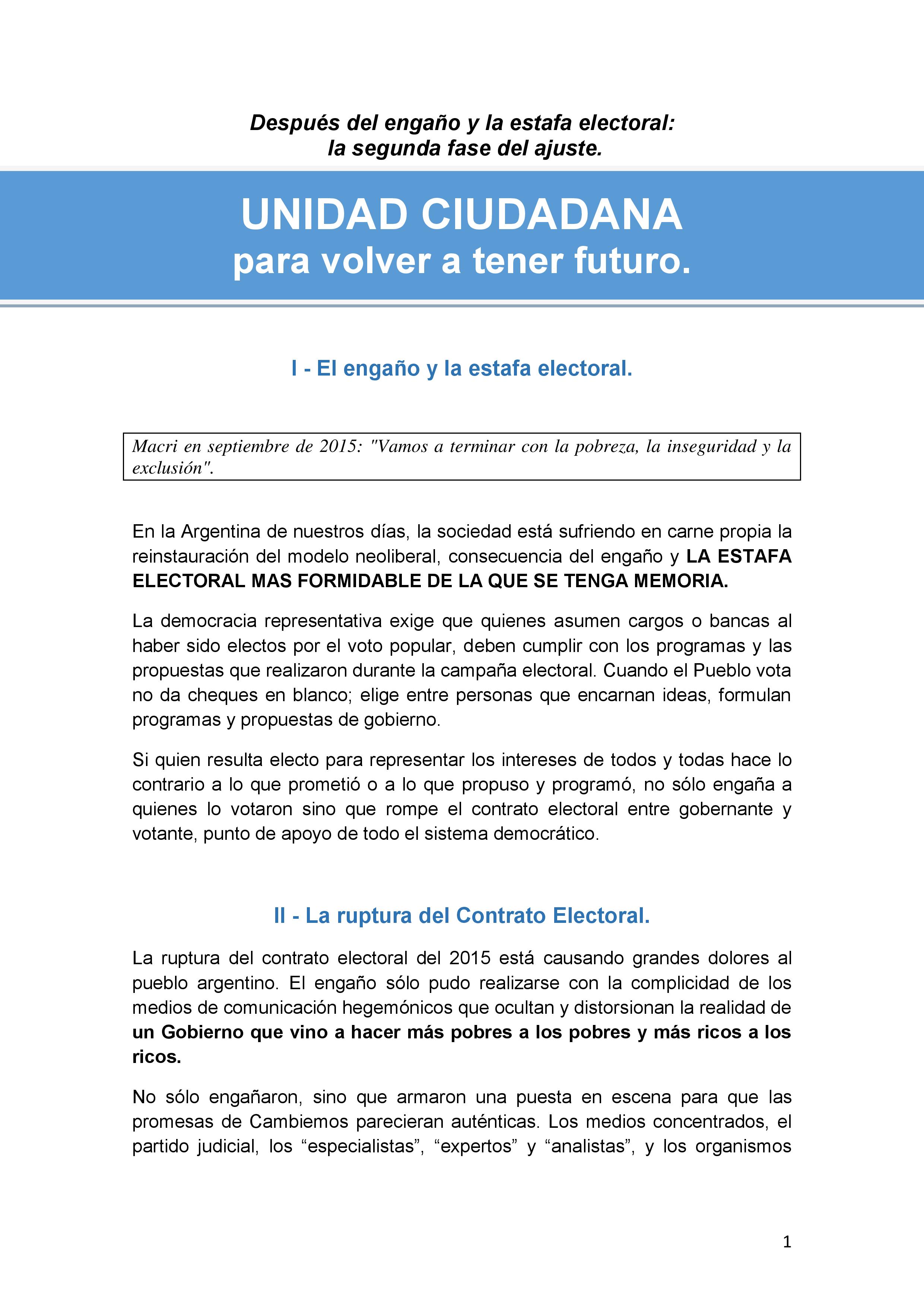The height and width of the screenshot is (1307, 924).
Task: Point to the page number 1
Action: click(x=787, y=1242)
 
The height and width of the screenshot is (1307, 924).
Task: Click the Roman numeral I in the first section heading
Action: click(x=294, y=369)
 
